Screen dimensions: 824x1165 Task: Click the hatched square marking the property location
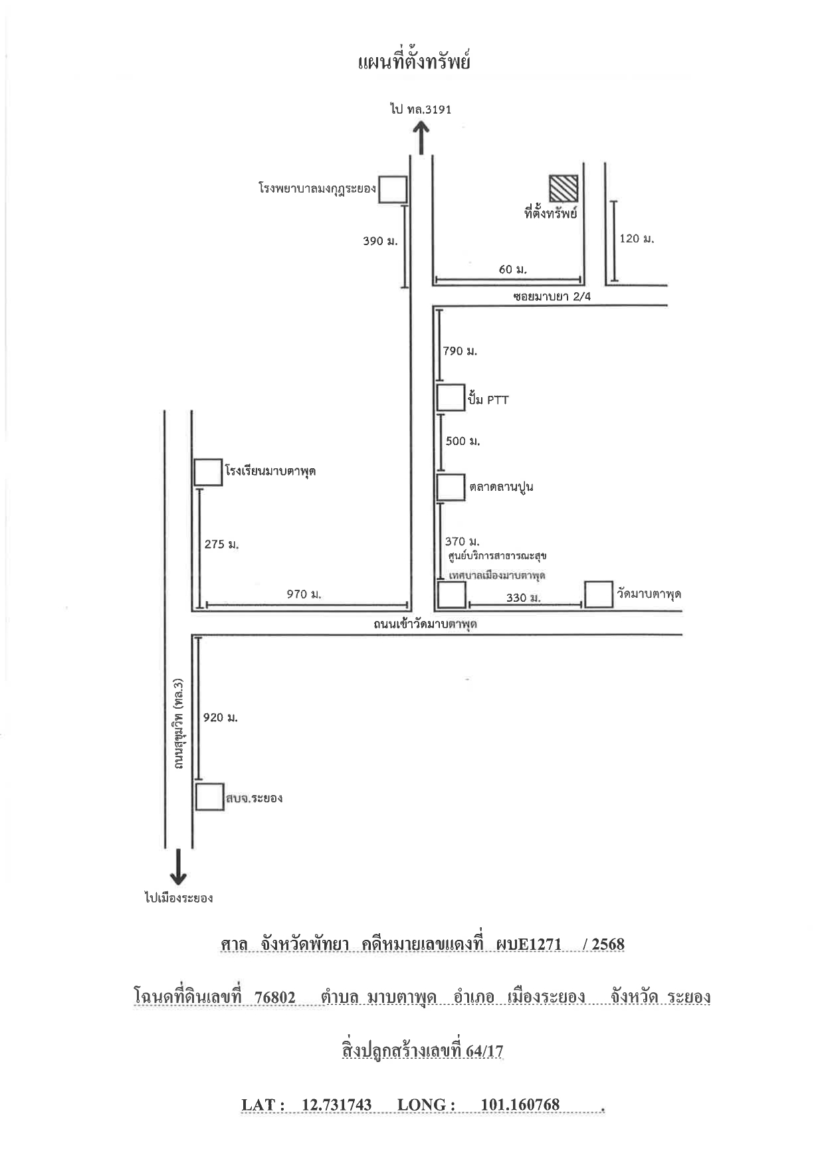(564, 189)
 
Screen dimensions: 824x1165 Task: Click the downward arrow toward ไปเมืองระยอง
(178, 866)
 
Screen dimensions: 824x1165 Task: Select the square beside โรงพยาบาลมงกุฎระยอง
(393, 189)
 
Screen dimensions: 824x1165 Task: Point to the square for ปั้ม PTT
(451, 398)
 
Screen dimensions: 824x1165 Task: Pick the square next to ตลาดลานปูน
(451, 487)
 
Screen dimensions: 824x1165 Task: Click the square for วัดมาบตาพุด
(599, 594)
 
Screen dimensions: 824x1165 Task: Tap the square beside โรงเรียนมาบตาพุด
(208, 472)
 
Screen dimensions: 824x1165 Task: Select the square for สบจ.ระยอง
(209, 797)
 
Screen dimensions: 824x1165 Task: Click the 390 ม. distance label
(380, 242)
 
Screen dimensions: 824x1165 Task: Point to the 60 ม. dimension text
(512, 269)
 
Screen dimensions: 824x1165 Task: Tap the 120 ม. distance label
(637, 238)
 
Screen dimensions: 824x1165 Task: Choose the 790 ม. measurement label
(460, 351)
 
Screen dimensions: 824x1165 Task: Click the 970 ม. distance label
(304, 594)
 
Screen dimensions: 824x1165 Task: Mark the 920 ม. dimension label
(221, 717)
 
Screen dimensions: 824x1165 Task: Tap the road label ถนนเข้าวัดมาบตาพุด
(425, 624)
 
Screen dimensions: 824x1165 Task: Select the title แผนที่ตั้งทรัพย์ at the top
(414, 62)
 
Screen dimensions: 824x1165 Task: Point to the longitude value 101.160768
(520, 1105)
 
